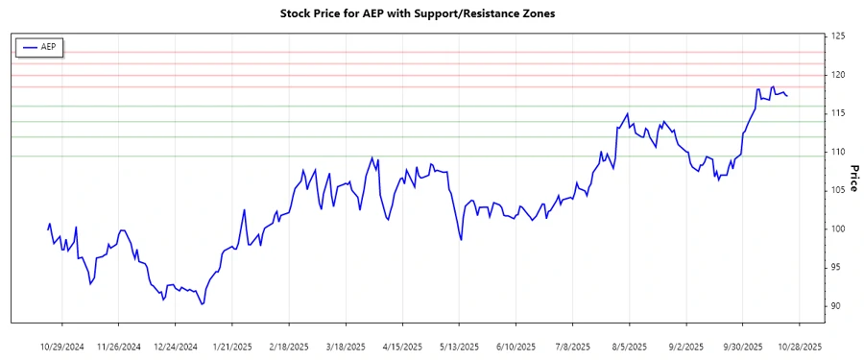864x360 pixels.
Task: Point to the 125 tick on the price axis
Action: point(839,36)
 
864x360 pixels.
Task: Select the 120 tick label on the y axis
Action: point(839,75)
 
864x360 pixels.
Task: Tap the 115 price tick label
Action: point(839,113)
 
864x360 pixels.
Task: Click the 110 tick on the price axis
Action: point(839,152)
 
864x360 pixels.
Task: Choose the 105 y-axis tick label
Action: point(839,190)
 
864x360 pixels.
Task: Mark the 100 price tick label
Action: point(839,228)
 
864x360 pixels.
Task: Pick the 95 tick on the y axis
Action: point(837,267)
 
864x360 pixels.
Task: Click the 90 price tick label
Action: point(837,305)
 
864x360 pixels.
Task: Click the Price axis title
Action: point(853,178)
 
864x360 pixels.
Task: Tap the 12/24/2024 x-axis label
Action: point(177,346)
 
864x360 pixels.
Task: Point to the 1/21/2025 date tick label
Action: point(232,346)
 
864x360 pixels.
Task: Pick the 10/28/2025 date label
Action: point(799,346)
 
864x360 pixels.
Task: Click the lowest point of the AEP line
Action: point(202,304)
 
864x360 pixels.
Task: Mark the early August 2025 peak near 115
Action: point(627,113)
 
